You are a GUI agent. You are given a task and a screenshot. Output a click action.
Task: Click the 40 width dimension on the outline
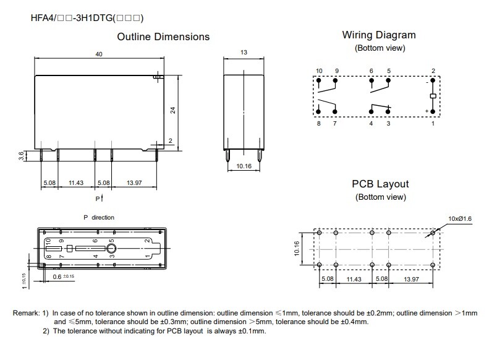pyautogui.click(x=99, y=54)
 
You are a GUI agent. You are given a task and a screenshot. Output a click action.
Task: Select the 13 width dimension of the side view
pyautogui.click(x=244, y=53)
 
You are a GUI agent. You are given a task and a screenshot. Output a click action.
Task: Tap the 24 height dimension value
pyautogui.click(x=174, y=109)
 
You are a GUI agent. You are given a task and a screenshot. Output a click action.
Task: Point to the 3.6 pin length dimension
pyautogui.click(x=20, y=157)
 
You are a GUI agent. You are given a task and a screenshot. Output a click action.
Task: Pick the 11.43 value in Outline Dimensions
pyautogui.click(x=77, y=183)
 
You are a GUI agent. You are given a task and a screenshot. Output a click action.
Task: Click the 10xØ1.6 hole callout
pyautogui.click(x=460, y=218)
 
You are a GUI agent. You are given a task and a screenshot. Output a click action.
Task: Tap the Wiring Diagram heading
pyautogui.click(x=379, y=35)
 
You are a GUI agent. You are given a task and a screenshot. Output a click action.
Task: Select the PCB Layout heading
pyautogui.click(x=380, y=184)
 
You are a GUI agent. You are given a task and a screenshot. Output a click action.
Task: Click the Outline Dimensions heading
pyautogui.click(x=163, y=37)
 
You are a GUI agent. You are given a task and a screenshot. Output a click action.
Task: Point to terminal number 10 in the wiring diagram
pyautogui.click(x=319, y=71)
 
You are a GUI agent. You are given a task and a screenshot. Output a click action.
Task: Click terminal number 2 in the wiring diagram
pyautogui.click(x=433, y=71)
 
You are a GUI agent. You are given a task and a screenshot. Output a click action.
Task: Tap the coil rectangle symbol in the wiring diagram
pyautogui.click(x=433, y=97)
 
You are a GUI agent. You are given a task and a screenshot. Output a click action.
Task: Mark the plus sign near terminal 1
pyautogui.click(x=427, y=111)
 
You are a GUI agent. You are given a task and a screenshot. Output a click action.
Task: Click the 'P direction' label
pyautogui.click(x=99, y=218)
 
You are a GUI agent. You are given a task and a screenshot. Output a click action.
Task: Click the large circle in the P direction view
pyautogui.click(x=112, y=249)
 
